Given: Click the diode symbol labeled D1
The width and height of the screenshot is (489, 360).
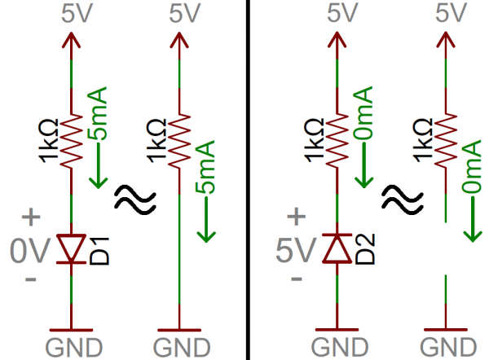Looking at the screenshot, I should [x=72, y=249].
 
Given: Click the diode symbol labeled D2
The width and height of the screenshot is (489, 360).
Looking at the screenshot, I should [x=336, y=249].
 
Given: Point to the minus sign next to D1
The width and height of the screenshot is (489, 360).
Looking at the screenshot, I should [x=31, y=280].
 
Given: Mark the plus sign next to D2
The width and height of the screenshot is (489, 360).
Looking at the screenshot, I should [x=296, y=218].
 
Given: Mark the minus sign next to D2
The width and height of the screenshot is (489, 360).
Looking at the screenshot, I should [x=295, y=280].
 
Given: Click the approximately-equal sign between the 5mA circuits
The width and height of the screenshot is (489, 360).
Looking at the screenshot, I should [x=130, y=197].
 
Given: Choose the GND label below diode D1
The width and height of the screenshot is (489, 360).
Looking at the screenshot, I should [x=72, y=346].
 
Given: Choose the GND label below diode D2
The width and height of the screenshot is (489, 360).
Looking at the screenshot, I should [x=336, y=346].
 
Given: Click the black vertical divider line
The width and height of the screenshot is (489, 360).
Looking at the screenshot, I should [x=245, y=179].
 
